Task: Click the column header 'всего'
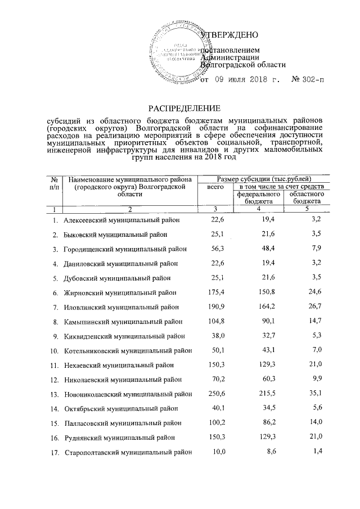pyautogui.click(x=215, y=186)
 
